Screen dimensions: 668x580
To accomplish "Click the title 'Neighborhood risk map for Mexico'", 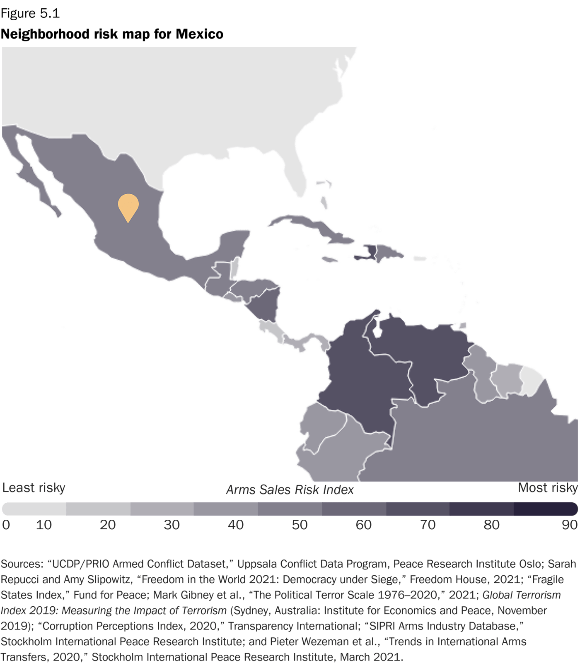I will click(x=112, y=34).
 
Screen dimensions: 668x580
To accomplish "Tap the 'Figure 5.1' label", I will click(x=30, y=13).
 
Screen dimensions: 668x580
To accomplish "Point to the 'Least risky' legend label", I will click(x=34, y=488).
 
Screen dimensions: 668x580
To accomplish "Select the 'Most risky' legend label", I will click(x=548, y=488).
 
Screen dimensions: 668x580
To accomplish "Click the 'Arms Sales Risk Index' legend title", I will click(x=290, y=490).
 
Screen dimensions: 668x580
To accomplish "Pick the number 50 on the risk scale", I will click(x=300, y=525).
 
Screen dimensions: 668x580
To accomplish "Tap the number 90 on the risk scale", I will click(x=569, y=525).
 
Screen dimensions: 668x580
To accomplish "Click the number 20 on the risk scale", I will click(x=107, y=525).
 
